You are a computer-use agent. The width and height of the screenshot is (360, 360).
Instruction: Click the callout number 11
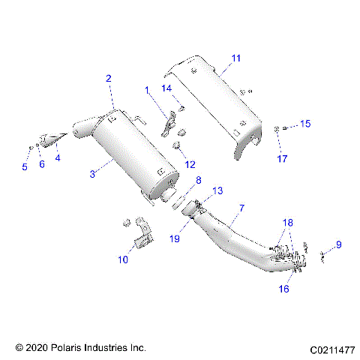[236, 58]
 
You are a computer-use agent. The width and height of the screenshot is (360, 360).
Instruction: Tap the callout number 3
[92, 174]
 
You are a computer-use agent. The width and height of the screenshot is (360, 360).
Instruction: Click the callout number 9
[338, 244]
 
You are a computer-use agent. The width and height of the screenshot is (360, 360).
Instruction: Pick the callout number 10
[122, 259]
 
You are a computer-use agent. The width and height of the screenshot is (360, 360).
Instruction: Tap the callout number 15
[304, 123]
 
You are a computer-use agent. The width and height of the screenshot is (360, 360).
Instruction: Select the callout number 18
[287, 223]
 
